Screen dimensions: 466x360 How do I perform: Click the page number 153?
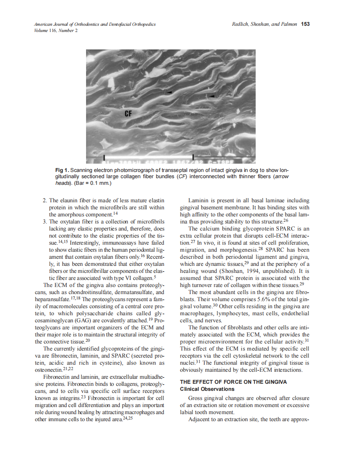point(305,24)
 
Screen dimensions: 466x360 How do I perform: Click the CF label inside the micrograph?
point(129,113)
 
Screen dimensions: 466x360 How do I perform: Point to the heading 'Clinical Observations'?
point(207,389)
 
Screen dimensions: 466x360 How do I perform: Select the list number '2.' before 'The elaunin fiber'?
point(45,201)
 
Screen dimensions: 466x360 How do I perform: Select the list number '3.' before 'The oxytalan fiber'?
point(45,221)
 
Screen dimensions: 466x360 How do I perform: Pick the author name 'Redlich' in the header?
point(241,24)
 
